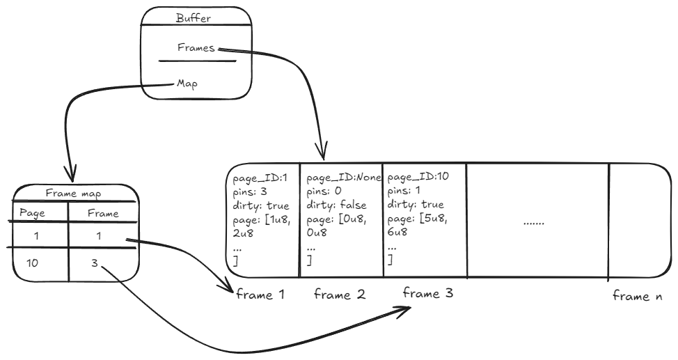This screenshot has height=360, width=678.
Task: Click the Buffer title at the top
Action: pos(194,18)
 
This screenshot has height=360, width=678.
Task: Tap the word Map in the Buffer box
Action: pos(187,83)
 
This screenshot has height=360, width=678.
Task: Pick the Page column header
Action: pos(32,213)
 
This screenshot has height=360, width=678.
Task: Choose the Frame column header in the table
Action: pos(103,213)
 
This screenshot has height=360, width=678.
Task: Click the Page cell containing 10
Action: pos(33,265)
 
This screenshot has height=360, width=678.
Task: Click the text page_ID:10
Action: pos(416,178)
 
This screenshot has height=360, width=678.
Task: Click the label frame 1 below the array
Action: pos(260,295)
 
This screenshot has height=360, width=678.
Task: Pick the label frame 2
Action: pos(340,295)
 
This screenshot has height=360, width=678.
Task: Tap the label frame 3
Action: pos(429,293)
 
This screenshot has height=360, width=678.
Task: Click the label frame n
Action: pos(637,296)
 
